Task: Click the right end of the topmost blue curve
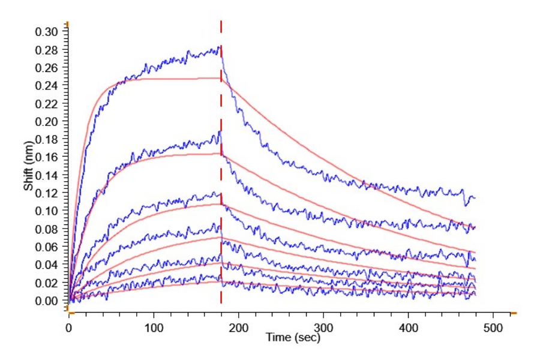coord(475,197)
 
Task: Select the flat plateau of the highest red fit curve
coord(180,79)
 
